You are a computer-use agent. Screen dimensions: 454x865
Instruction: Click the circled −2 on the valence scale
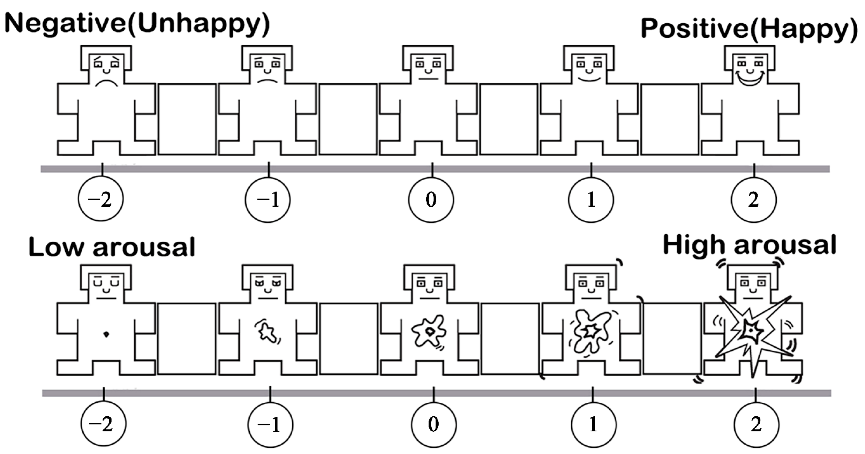point(100,199)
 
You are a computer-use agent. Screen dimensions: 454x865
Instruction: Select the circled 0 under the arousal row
point(434,424)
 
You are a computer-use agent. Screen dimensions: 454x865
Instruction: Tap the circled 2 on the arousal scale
point(756,424)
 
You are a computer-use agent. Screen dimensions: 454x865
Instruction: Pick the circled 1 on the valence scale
point(591,200)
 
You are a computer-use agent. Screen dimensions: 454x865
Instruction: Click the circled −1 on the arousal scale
point(270,424)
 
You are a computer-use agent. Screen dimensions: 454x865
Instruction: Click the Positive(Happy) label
point(749,29)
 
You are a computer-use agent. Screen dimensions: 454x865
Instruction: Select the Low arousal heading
point(112,247)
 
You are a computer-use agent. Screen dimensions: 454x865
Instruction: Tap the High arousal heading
point(750,245)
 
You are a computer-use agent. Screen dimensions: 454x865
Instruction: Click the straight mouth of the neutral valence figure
point(428,79)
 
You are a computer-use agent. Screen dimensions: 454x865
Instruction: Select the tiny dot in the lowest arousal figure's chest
point(106,334)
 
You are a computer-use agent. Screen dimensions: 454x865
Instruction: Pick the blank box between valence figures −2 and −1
point(187,119)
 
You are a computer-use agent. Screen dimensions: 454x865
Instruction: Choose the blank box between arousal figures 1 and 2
point(672,338)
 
